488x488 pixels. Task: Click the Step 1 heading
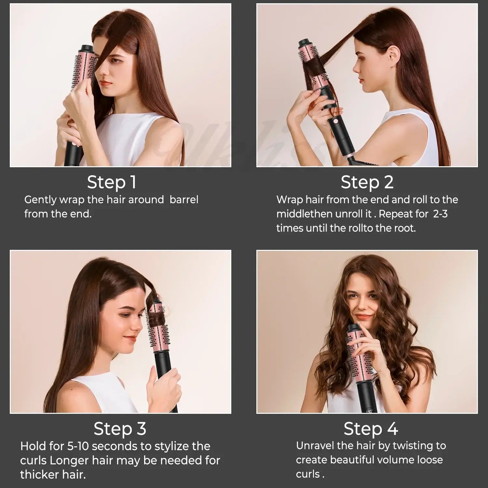(112, 182)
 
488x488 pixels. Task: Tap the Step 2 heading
(367, 182)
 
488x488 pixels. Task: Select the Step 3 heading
(120, 428)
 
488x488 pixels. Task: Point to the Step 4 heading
(371, 428)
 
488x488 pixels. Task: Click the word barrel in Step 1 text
(184, 199)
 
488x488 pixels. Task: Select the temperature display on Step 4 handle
(369, 411)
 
